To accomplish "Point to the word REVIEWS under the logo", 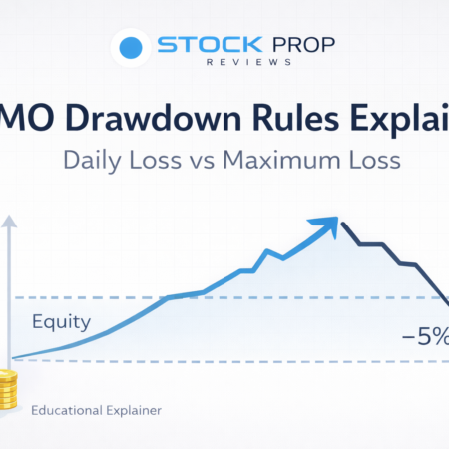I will coord(245,67).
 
